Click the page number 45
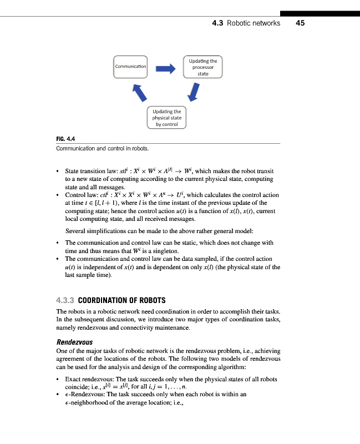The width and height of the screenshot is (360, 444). click(x=301, y=23)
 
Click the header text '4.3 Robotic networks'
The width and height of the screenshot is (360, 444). click(x=246, y=23)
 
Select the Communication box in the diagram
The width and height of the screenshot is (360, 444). click(x=131, y=67)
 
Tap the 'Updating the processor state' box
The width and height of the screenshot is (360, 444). click(x=202, y=67)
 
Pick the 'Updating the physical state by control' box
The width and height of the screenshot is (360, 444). click(x=166, y=118)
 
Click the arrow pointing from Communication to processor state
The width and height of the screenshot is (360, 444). click(x=165, y=68)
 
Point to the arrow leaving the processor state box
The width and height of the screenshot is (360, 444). click(x=194, y=92)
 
